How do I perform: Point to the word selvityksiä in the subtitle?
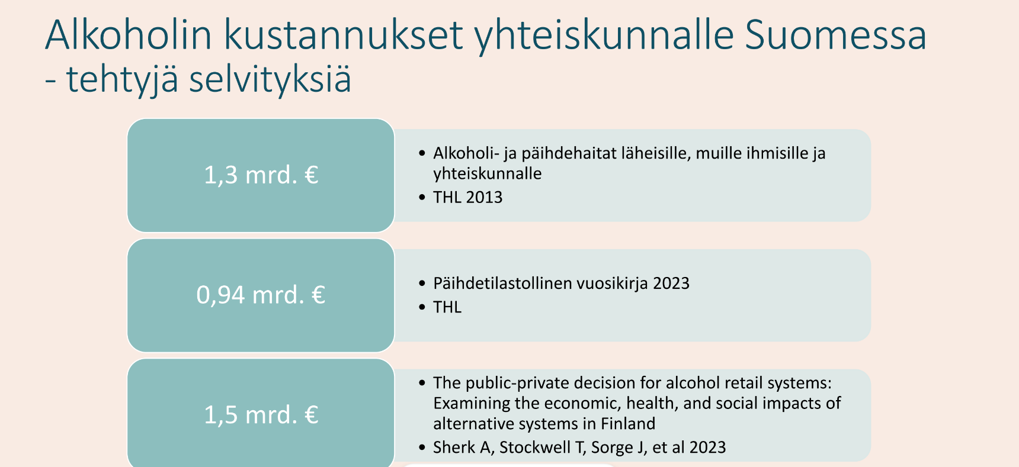click(x=270, y=79)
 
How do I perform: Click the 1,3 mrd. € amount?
click(x=261, y=175)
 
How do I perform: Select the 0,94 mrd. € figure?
click(x=261, y=295)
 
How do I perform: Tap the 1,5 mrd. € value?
click(x=261, y=415)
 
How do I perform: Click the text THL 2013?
click(x=467, y=197)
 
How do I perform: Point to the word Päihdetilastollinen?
click(x=503, y=284)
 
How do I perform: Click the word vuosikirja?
click(x=613, y=284)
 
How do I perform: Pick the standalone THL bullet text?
click(x=447, y=307)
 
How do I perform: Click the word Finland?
click(x=628, y=424)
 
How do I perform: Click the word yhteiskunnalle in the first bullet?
click(x=488, y=173)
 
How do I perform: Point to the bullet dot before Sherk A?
click(x=422, y=447)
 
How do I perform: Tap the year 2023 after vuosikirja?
click(x=671, y=284)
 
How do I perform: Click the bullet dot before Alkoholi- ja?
click(x=422, y=153)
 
